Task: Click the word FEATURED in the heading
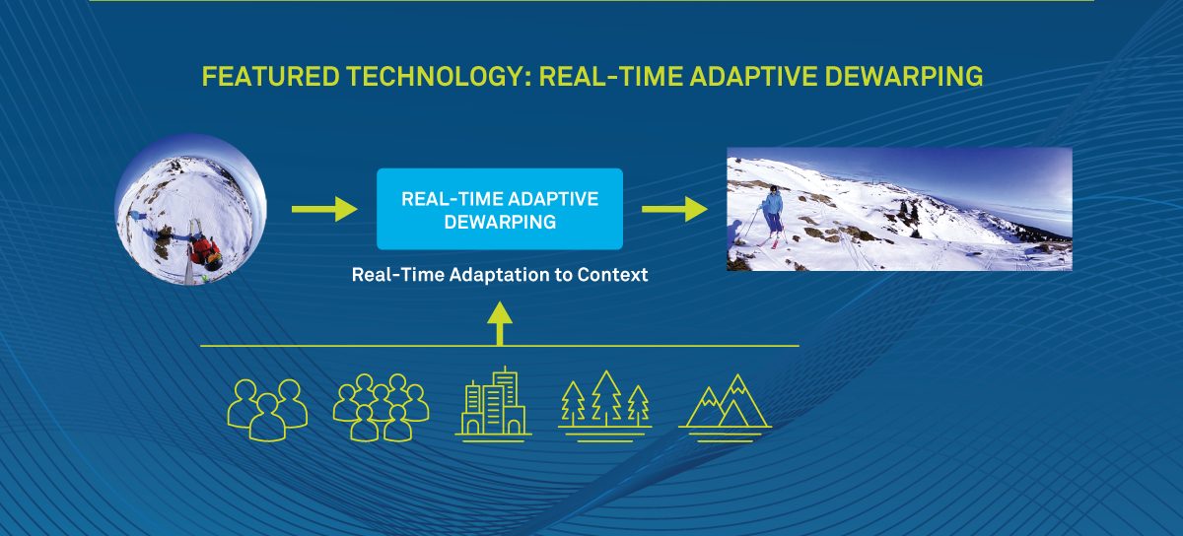(x=270, y=77)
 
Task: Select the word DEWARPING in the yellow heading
(x=904, y=77)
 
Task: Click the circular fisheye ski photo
(x=190, y=210)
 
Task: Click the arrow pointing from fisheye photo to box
(x=324, y=209)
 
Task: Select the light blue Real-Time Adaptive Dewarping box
(x=500, y=209)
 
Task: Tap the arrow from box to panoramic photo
(x=674, y=209)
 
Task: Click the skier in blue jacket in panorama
(x=773, y=216)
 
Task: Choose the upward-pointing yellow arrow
(x=500, y=323)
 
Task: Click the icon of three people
(x=268, y=410)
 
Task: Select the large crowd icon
(x=381, y=407)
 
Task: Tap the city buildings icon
(x=493, y=404)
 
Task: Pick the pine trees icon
(x=605, y=406)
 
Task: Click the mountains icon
(x=726, y=408)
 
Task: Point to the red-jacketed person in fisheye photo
(x=205, y=252)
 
